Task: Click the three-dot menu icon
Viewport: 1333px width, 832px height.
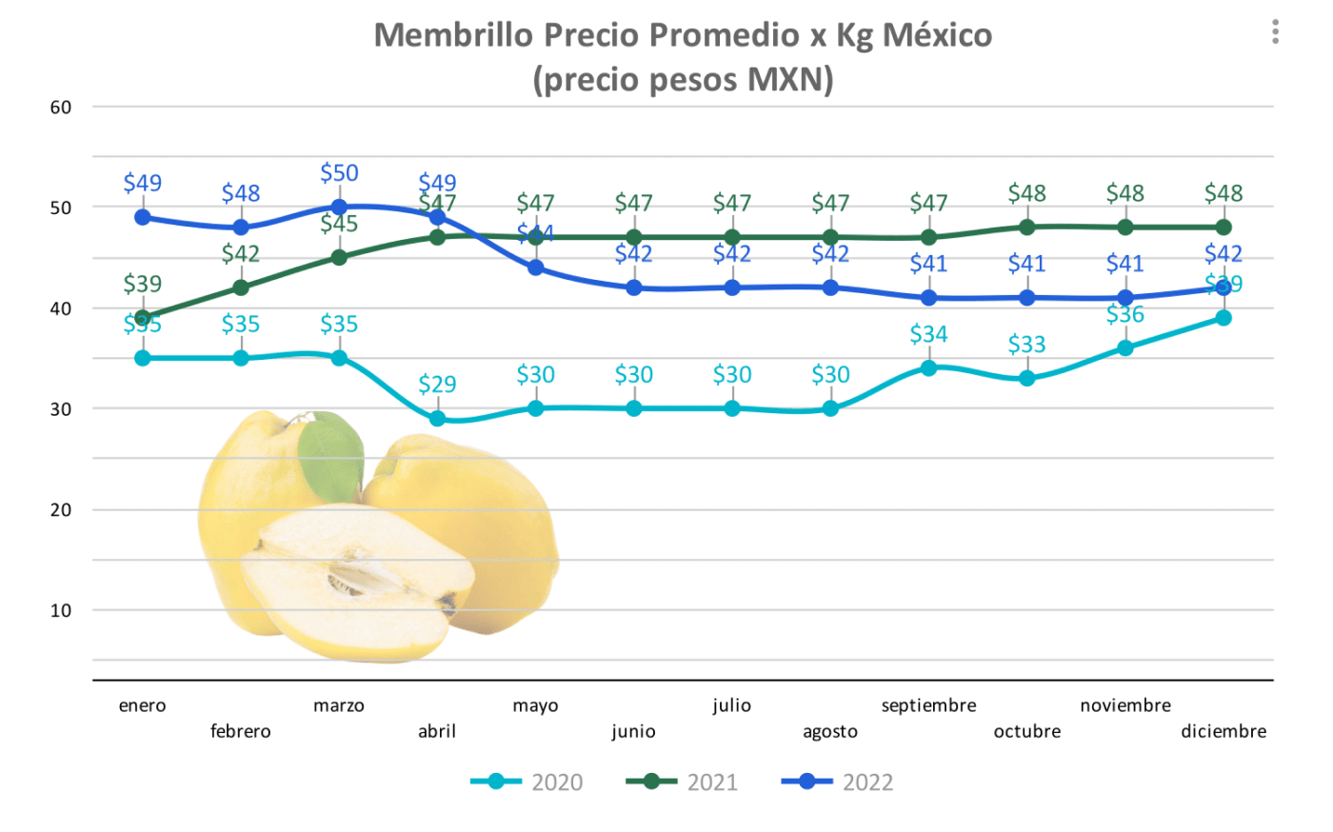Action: coord(1275,32)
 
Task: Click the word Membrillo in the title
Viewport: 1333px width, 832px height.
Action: coord(454,35)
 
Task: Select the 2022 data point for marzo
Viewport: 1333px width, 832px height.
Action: coord(339,207)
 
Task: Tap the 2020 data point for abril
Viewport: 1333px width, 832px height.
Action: coord(437,418)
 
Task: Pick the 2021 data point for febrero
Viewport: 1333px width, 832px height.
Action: coord(241,287)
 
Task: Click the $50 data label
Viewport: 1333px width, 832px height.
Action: coord(339,173)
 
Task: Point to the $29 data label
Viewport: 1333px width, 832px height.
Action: coord(437,385)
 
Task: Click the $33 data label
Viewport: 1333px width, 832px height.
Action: coord(1026,345)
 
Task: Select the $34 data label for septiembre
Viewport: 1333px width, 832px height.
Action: coord(928,334)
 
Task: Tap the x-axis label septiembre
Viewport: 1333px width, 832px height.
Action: coord(928,705)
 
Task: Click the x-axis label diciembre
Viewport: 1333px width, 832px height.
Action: coord(1224,731)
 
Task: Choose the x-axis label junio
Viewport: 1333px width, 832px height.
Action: coord(633,731)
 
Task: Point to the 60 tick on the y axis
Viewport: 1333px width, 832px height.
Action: coord(61,108)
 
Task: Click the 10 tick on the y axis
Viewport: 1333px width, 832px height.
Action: coord(61,610)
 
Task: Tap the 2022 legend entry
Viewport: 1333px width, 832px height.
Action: coord(838,782)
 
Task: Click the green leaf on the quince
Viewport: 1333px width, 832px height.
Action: coord(330,454)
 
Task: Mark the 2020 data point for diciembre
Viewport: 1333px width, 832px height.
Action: coord(1224,318)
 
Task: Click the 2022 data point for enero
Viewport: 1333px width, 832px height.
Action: coord(143,217)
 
